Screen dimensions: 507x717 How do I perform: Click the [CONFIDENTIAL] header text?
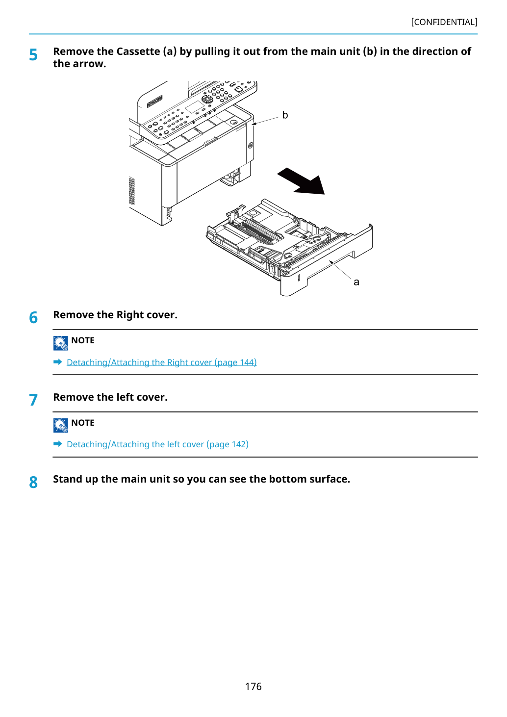[444, 22]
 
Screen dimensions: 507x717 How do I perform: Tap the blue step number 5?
[33, 55]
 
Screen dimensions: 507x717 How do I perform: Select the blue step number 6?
[33, 317]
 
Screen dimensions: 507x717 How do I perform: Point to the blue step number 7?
[33, 400]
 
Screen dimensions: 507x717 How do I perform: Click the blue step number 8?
[33, 482]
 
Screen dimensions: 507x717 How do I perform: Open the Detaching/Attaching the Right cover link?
[162, 362]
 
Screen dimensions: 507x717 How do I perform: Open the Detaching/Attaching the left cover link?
[157, 444]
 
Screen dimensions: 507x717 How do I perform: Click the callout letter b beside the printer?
[285, 115]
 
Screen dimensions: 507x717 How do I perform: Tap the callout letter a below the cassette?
[356, 282]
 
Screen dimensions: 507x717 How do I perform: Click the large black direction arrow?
[302, 182]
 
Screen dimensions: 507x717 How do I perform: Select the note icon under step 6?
[60, 343]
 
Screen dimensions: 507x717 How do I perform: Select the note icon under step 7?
[60, 425]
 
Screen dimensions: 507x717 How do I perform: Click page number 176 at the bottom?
[253, 686]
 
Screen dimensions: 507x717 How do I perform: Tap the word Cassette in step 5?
[138, 51]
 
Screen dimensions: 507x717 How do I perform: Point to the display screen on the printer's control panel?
[194, 107]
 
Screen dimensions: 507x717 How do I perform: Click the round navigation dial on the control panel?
[207, 99]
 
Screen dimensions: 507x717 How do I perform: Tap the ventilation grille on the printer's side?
[131, 191]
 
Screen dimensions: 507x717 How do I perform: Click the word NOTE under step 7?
[82, 423]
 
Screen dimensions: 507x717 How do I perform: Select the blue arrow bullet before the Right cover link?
[58, 362]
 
